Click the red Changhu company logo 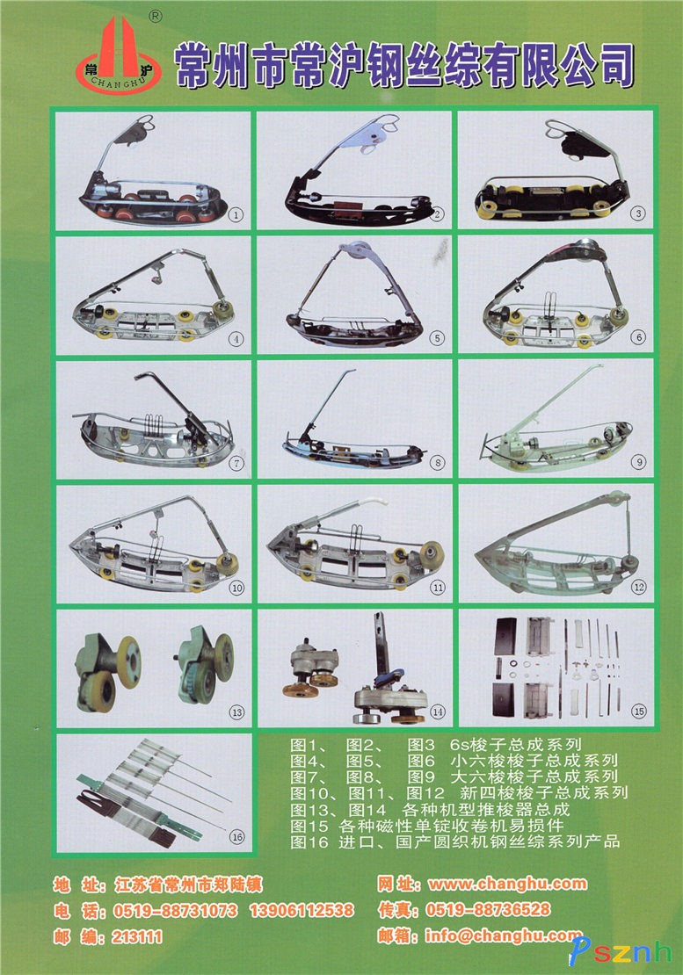tap(118, 56)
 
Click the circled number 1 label tap(236, 215)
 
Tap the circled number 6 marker tap(638, 337)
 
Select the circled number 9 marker tap(638, 462)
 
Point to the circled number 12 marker tap(639, 587)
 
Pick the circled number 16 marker tap(237, 837)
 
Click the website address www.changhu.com tap(507, 884)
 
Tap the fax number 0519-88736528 tap(489, 910)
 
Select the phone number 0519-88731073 tap(176, 911)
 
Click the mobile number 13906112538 tap(302, 911)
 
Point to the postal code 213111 tap(137, 936)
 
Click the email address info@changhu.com tap(504, 935)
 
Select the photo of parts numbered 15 tap(556, 668)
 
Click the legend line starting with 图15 tap(426, 826)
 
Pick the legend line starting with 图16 tap(454, 842)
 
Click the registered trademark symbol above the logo tap(156, 17)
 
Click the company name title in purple tap(404, 65)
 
